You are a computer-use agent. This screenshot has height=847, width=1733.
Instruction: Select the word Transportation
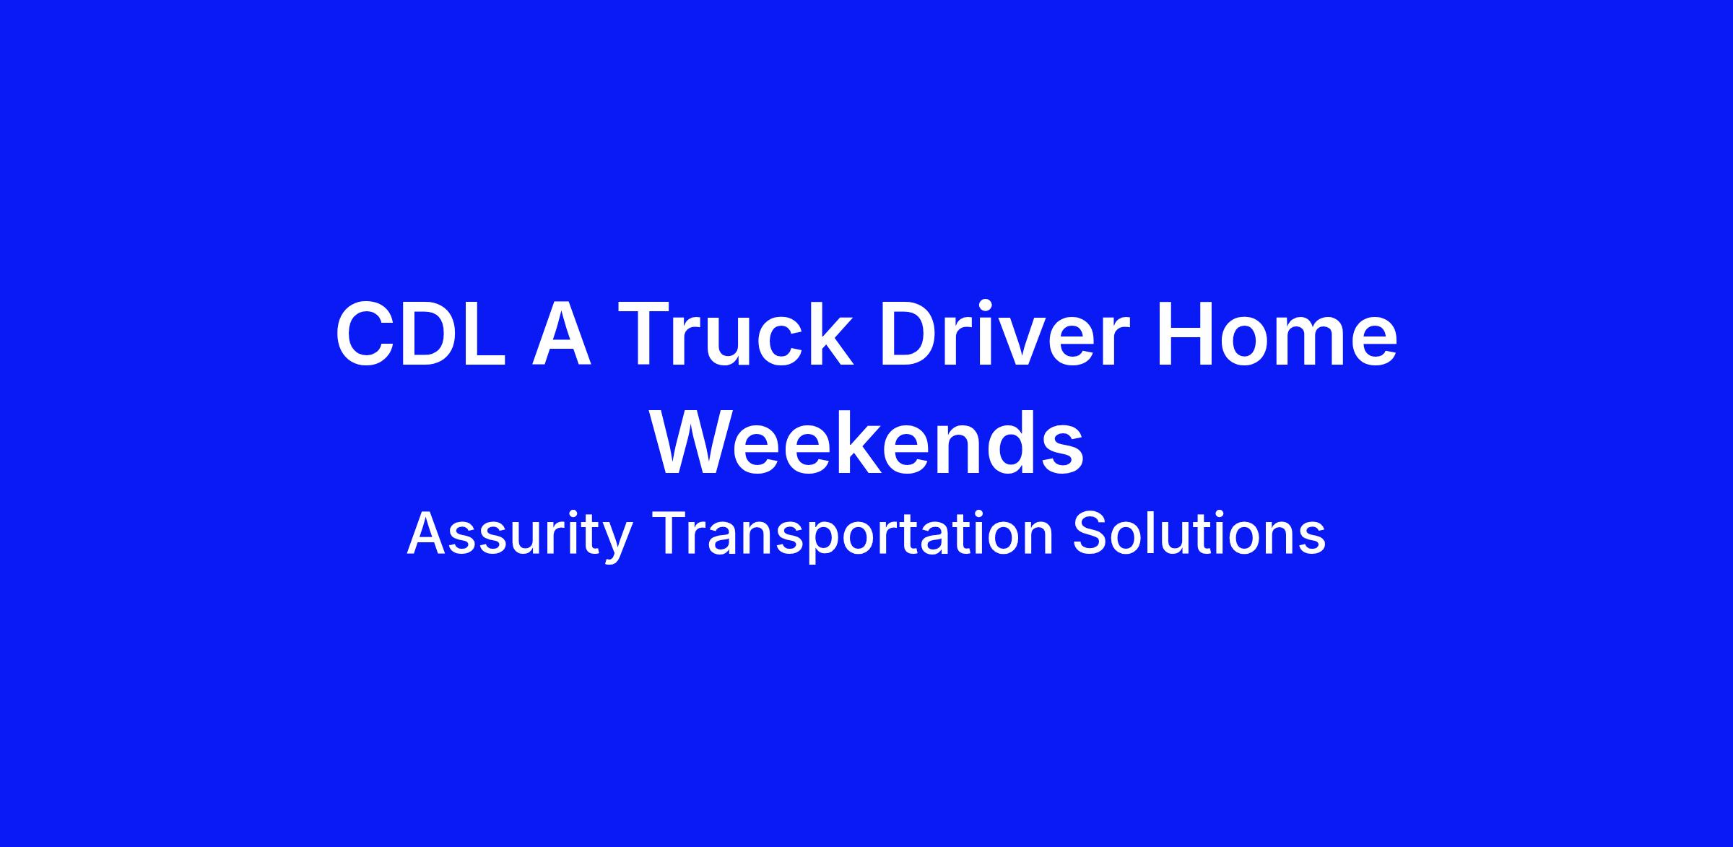coord(853,535)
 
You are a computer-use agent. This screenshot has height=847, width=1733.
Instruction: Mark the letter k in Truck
coord(829,334)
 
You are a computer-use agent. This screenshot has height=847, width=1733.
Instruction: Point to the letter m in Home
coord(1310,343)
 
